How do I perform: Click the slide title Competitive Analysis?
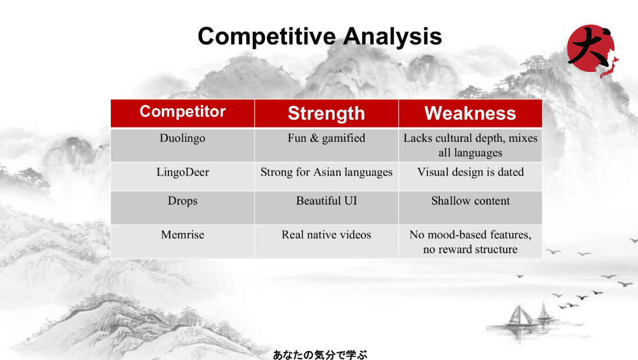coord(320,36)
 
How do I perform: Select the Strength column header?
coord(326,113)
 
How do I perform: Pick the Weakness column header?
coord(470,113)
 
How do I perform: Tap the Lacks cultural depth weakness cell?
coord(470,145)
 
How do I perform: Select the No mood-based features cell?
coord(470,242)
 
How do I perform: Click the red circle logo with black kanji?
coord(591,49)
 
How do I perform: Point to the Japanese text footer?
coord(320,355)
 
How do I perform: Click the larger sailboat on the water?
coord(519,316)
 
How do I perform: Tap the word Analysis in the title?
coord(393,37)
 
